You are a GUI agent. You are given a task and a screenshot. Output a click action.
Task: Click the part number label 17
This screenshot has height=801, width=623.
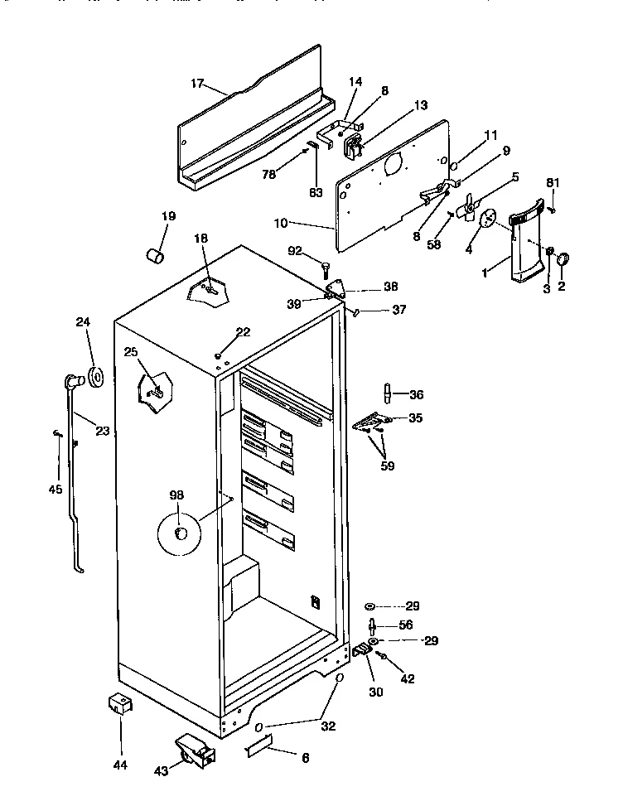[197, 84]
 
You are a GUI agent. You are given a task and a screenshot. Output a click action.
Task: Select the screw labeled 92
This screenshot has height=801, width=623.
[326, 267]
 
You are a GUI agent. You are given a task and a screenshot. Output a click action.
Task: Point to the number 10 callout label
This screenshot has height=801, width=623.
[280, 223]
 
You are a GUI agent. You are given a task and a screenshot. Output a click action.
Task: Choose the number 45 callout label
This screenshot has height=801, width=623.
[55, 489]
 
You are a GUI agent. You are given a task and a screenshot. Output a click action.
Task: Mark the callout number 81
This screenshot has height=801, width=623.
[553, 182]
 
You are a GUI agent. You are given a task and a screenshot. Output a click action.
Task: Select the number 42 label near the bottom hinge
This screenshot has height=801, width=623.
[408, 678]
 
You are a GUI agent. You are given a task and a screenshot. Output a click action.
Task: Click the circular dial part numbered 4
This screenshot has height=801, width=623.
[486, 218]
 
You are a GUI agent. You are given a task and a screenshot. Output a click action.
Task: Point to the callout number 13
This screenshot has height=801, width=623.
[421, 105]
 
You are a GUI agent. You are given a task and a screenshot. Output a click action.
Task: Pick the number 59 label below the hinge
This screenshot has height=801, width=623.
[387, 466]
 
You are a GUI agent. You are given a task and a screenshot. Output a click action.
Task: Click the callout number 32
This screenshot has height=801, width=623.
[328, 726]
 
